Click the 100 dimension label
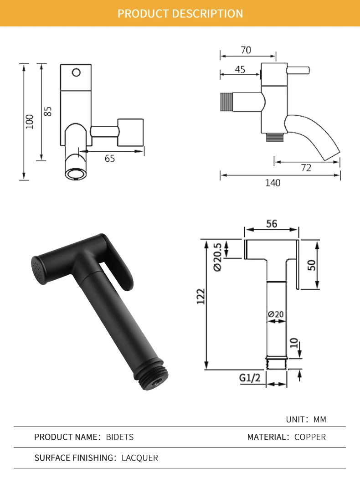pos(30,122)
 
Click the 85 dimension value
pos(47,111)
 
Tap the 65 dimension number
pos(110,159)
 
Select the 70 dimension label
pos(246,50)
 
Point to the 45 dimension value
pos(240,70)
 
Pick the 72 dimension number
pos(306,168)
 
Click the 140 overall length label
pos(273,183)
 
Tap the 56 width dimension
pos(272,224)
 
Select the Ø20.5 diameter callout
pos(217,257)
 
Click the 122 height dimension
pos(201,296)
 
